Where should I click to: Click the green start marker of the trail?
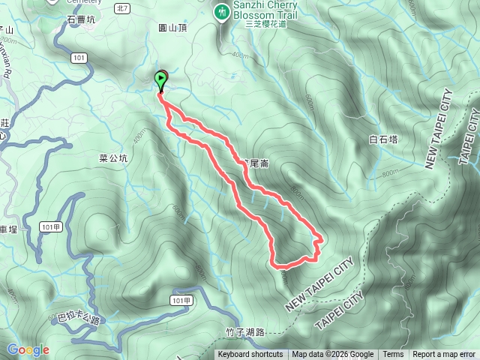(161, 79)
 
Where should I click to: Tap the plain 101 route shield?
(80, 57)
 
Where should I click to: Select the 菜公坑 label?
(113, 158)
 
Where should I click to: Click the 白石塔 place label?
(383, 139)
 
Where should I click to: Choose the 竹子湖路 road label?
(245, 332)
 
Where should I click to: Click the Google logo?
(28, 349)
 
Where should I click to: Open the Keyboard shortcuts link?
(250, 355)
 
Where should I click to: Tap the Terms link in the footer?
(393, 355)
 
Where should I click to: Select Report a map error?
(444, 355)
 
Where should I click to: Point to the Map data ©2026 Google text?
(333, 355)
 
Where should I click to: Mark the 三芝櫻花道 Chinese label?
(266, 23)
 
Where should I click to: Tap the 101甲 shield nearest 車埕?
(51, 226)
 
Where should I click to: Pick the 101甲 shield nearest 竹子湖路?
(179, 300)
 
